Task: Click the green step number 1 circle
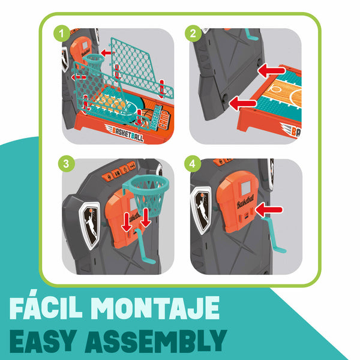tap(62, 34)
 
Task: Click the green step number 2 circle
tap(193, 34)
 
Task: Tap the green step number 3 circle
tap(66, 164)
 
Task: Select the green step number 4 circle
tap(193, 164)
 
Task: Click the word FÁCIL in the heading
tap(46, 307)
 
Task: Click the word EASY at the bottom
tap(43, 341)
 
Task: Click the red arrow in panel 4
tap(269, 209)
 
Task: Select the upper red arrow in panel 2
tap(271, 70)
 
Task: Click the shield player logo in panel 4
tap(202, 209)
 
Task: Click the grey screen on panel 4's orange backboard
tap(245, 187)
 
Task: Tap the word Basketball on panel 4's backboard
tap(245, 202)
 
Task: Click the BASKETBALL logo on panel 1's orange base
tap(125, 133)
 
